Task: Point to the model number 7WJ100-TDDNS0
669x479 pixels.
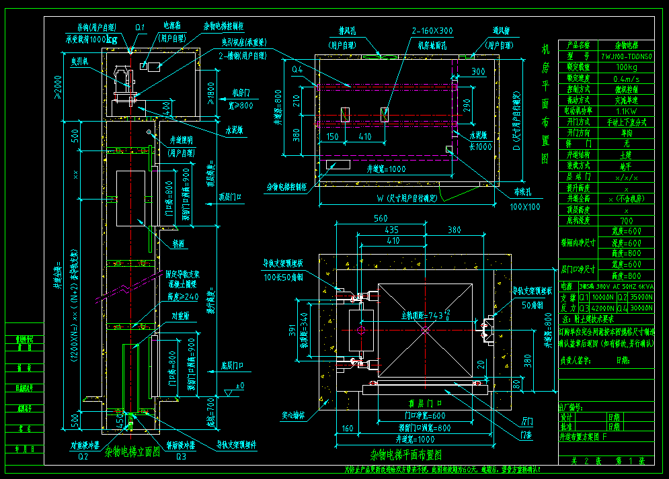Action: pyautogui.click(x=626, y=57)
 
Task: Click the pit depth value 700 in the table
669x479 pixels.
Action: pyautogui.click(x=626, y=220)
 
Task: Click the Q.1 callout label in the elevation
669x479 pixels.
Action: pyautogui.click(x=140, y=28)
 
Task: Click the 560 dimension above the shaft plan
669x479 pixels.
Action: pyautogui.click(x=381, y=218)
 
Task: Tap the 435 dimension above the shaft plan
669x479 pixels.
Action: pyautogui.click(x=391, y=230)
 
